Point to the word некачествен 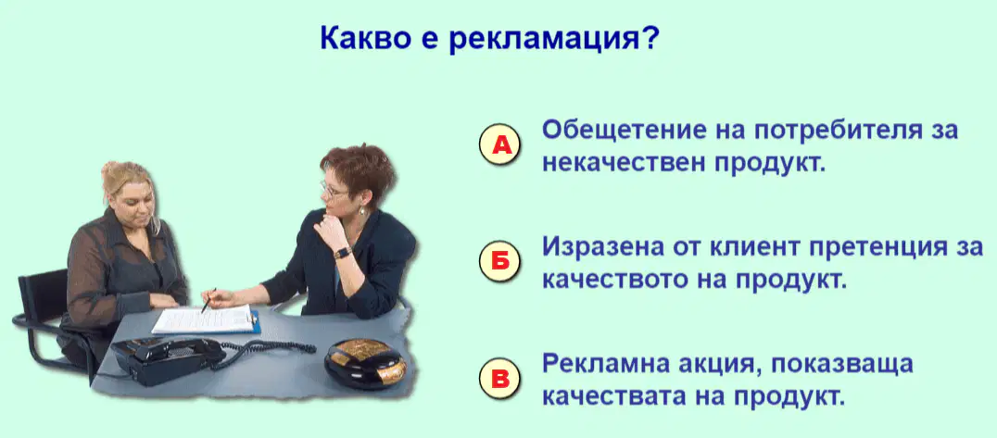coord(622,164)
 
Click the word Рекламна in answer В coord(602,364)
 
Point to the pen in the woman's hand coord(208,301)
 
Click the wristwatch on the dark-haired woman coord(343,253)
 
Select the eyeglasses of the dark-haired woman coord(334,189)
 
